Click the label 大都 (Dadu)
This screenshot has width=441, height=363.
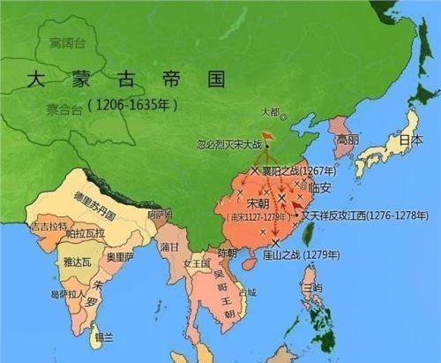coord(275,111)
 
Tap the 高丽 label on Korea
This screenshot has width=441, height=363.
coord(346,140)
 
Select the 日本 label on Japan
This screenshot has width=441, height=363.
coord(408,140)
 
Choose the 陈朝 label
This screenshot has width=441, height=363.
coord(227,253)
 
